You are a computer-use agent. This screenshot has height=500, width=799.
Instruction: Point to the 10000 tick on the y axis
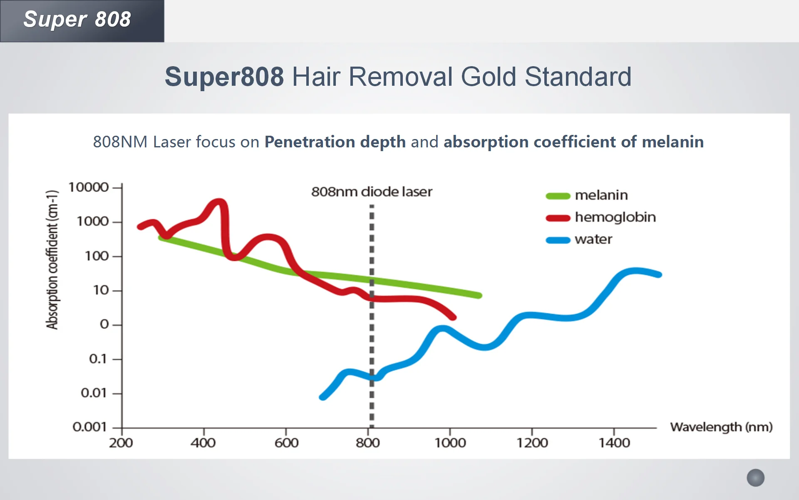click(89, 187)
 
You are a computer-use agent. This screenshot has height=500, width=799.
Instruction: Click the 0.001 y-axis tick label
click(89, 427)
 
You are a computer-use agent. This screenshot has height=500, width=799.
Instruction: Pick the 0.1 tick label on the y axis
click(98, 359)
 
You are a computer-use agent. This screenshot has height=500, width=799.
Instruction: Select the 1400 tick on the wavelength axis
click(614, 443)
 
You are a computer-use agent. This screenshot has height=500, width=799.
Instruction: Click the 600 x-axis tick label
click(286, 443)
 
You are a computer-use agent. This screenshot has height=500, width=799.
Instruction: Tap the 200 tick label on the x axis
click(121, 443)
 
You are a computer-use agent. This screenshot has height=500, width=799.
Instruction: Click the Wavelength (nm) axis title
click(721, 427)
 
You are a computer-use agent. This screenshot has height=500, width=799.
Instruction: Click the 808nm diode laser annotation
click(372, 192)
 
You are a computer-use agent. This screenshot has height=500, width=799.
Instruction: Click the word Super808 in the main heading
click(224, 77)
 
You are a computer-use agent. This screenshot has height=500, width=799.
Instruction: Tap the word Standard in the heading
click(578, 77)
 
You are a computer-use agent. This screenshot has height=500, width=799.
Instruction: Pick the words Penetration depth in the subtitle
click(335, 142)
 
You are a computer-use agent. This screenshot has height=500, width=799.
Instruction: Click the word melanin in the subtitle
click(672, 142)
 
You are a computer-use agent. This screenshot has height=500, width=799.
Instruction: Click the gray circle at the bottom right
click(755, 478)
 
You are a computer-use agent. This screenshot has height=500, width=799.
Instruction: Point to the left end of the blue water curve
click(323, 397)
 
